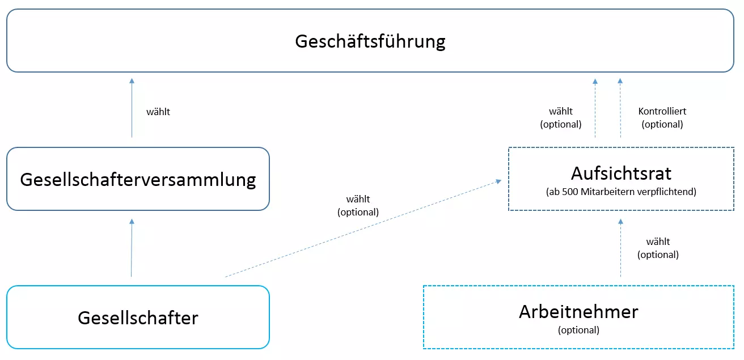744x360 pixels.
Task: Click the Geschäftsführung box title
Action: click(370, 42)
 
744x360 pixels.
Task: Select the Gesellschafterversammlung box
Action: click(138, 180)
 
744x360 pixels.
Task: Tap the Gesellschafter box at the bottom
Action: click(138, 317)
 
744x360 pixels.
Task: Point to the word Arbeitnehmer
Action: click(578, 311)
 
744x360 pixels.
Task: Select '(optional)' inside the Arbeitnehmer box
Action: click(578, 330)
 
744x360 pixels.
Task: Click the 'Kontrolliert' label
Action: click(662, 112)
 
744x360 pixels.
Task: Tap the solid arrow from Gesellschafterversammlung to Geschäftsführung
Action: click(132, 108)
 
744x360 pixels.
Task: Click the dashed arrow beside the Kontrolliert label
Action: click(620, 108)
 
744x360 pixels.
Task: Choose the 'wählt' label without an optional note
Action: click(158, 112)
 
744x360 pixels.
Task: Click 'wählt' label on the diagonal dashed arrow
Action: click(358, 200)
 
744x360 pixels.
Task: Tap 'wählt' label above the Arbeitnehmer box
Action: click(658, 242)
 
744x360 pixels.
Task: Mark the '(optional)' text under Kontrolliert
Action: click(662, 124)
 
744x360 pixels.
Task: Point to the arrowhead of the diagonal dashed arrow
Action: click(498, 181)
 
